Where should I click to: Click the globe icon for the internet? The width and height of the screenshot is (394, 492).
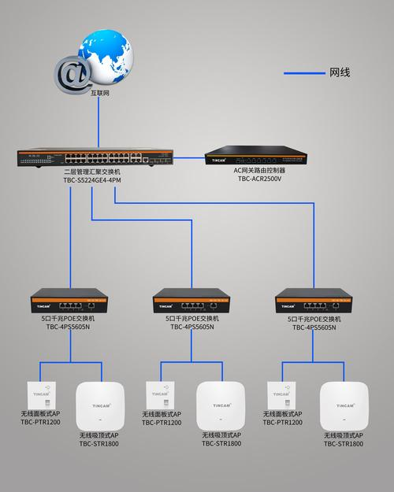[x=106, y=57]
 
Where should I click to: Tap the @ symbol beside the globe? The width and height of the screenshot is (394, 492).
[x=72, y=75]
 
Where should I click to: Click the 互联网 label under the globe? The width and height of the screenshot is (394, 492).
[x=100, y=93]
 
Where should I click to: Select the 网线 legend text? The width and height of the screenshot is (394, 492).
[x=340, y=72]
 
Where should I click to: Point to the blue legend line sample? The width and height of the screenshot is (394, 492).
[x=304, y=73]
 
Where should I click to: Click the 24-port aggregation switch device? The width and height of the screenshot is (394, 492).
[x=95, y=157]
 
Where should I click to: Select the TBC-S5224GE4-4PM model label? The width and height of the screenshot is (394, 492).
[x=92, y=180]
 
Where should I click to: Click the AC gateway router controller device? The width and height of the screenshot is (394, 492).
[x=256, y=155]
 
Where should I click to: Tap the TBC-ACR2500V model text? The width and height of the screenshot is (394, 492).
[x=259, y=179]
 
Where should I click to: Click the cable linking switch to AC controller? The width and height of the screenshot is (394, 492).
[x=189, y=157]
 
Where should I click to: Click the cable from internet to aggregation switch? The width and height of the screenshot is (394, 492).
[x=98, y=122]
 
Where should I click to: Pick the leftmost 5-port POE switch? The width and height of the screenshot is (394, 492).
[x=69, y=301]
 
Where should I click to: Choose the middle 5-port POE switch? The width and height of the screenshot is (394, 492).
[x=191, y=301]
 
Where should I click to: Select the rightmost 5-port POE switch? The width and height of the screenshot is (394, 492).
[x=314, y=301]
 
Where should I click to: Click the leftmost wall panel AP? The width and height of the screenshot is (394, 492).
[x=42, y=395]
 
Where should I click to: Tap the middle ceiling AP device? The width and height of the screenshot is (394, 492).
[x=221, y=405]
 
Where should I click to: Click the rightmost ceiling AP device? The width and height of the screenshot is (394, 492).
[x=344, y=405]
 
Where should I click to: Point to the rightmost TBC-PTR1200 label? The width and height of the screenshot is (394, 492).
[x=282, y=423]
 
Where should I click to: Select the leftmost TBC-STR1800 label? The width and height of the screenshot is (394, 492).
[x=99, y=444]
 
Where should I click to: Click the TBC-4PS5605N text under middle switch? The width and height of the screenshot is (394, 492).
[x=192, y=327]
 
